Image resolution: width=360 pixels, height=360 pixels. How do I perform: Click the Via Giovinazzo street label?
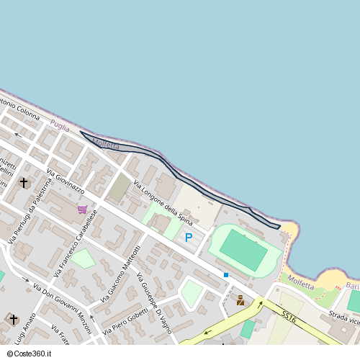[x=66, y=182]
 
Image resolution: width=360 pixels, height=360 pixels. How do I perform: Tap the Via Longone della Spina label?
[x=162, y=204]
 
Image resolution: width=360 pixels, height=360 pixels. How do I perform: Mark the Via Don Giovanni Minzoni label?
[x=62, y=307]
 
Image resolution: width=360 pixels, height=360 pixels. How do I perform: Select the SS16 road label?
[x=289, y=316]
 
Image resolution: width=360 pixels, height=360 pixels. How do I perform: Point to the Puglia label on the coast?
[x=60, y=126]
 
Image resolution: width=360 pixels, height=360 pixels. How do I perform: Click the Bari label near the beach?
[x=352, y=286]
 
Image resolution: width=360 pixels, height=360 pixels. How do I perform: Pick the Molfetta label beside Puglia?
[x=106, y=144]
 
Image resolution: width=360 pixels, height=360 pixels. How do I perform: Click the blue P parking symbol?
[x=189, y=237]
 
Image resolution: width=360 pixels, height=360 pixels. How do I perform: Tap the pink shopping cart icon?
[x=83, y=210]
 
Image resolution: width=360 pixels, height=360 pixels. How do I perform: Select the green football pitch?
[x=243, y=250]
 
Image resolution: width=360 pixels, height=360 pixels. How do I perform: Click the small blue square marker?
[x=226, y=275]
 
